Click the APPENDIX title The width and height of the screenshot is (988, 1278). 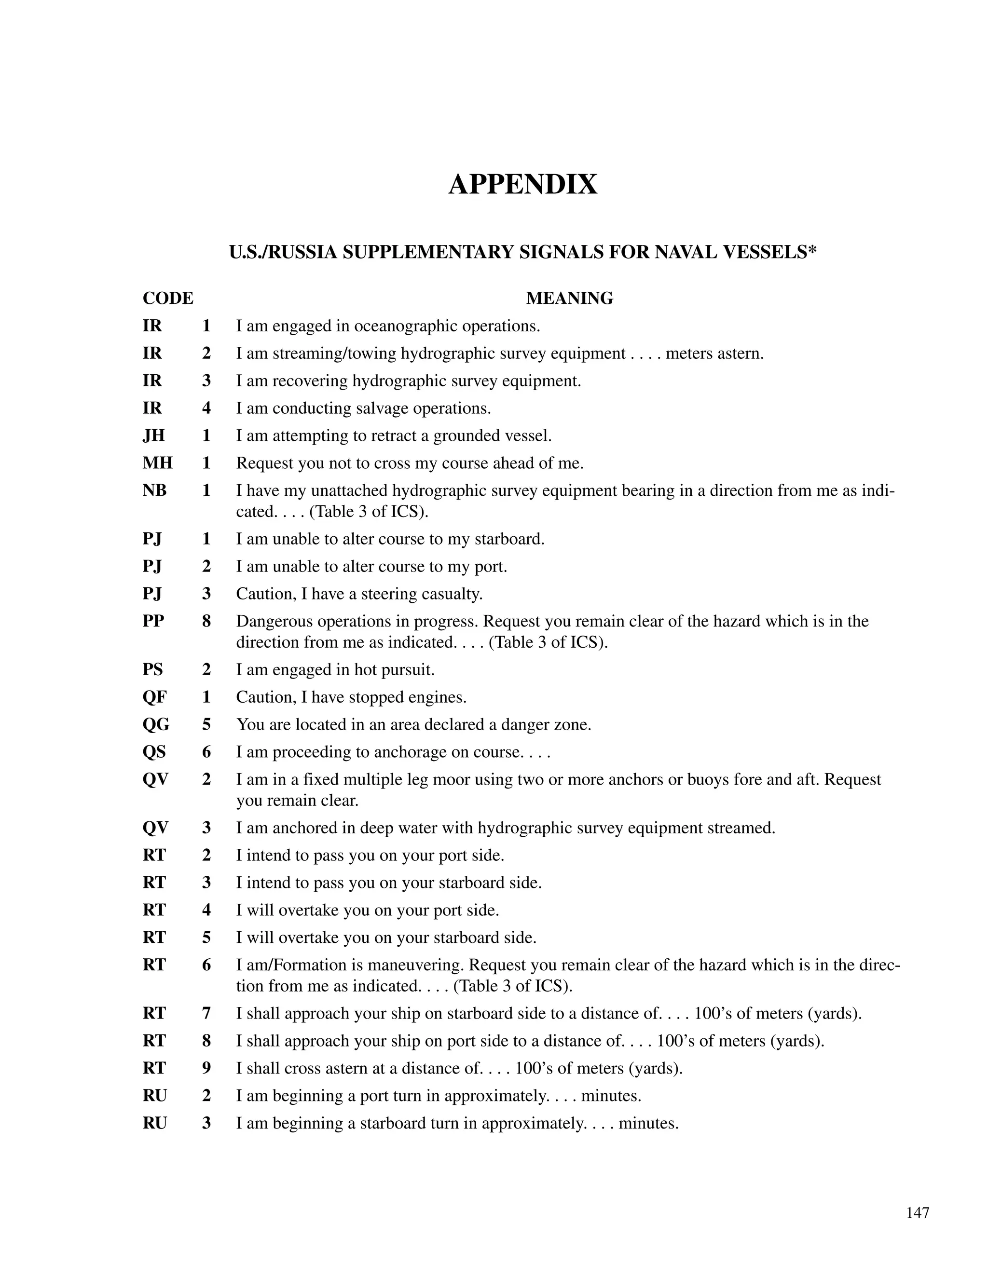pos(522,184)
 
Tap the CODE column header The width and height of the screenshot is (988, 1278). pos(168,299)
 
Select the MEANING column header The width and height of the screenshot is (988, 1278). pos(569,299)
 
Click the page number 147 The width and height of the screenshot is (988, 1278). pos(917,1213)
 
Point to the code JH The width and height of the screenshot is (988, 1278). pos(153,436)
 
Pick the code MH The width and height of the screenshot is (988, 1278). pos(157,463)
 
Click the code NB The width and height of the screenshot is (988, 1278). pos(154,490)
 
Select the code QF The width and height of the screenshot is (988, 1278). pos(154,697)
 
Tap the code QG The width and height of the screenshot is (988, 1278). pos(156,725)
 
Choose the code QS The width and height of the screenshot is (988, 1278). pos(154,752)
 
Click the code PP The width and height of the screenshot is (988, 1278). pos(153,622)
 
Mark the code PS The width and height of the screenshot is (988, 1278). pos(153,670)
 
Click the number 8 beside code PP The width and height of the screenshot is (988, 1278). pos(206,622)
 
